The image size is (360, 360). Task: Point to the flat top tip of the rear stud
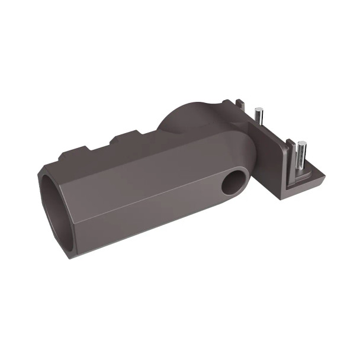coord(259,109)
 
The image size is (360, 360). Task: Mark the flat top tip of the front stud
coord(302,143)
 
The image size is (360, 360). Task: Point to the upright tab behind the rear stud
coord(239,106)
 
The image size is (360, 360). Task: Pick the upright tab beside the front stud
coord(290,148)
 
